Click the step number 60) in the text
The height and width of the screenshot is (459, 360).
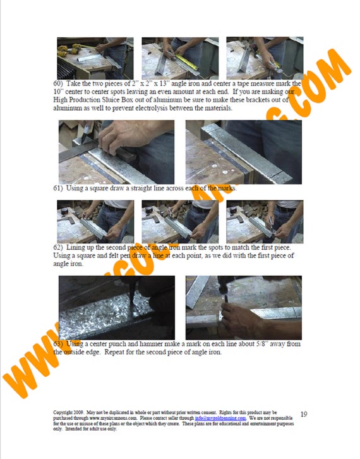(x=58, y=83)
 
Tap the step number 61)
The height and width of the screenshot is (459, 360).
(x=58, y=188)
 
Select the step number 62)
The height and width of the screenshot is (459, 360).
(x=58, y=248)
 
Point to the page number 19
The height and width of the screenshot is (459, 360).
(x=303, y=414)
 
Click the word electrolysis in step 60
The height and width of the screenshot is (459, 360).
(x=155, y=108)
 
